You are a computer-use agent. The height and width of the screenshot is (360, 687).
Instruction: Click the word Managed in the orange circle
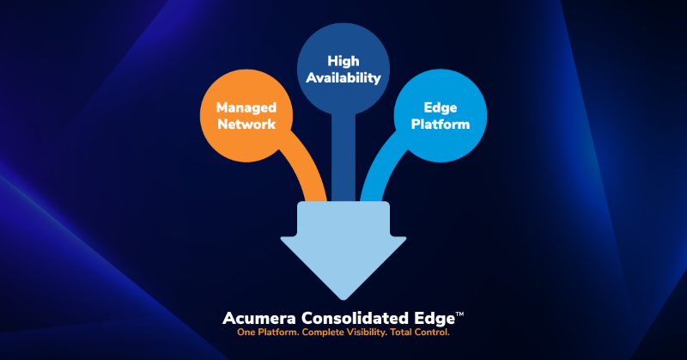tap(246, 108)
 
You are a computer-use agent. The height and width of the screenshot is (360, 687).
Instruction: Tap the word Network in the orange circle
tap(246, 124)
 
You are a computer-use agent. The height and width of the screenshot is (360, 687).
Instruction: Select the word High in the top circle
tap(343, 60)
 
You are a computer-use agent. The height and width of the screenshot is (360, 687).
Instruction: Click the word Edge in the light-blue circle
tap(440, 108)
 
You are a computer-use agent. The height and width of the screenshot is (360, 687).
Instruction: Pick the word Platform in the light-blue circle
tap(440, 124)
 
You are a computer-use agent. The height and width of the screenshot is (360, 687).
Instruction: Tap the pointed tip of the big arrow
tap(343, 297)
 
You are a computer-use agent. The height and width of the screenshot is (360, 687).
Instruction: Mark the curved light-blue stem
tap(382, 172)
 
